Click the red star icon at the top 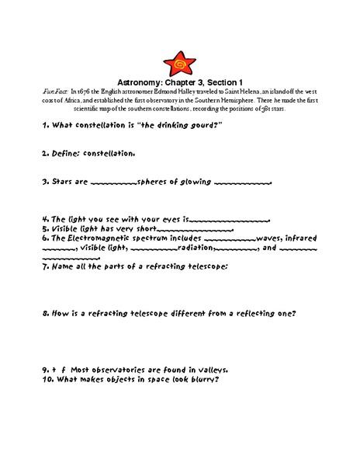[x=179, y=63]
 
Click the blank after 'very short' [x=194, y=230]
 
